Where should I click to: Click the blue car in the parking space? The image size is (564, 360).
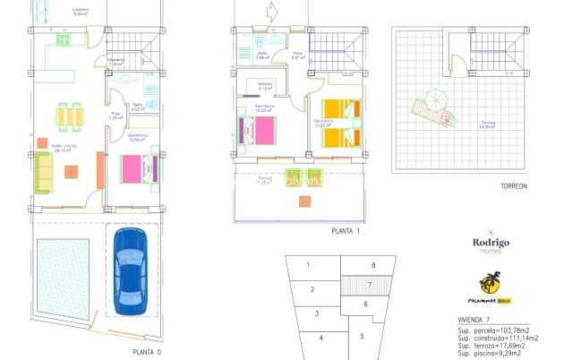click(132, 270)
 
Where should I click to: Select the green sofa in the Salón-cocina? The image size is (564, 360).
click(43, 172)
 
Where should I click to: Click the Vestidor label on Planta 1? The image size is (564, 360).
click(265, 87)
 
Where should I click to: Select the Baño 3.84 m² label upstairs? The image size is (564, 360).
click(262, 55)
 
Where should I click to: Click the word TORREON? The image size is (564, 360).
click(514, 187)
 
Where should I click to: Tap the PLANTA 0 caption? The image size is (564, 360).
click(147, 352)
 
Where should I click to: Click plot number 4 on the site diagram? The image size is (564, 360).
click(321, 337)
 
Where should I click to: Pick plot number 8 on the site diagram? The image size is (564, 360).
click(372, 266)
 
